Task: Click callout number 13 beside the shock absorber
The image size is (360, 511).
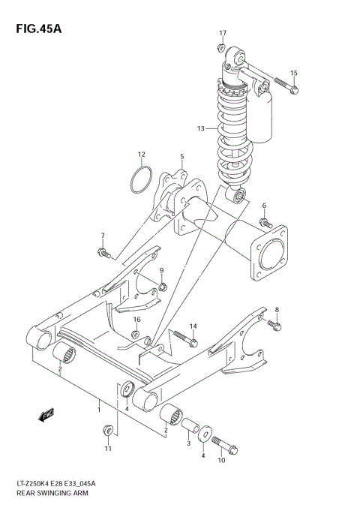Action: tap(201, 128)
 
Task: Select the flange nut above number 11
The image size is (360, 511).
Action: tap(108, 431)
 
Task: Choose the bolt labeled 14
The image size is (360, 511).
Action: tap(183, 340)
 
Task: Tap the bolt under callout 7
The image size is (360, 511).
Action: tap(104, 254)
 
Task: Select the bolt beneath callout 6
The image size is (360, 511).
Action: tap(265, 222)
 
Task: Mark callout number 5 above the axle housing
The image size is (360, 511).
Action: tap(181, 157)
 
